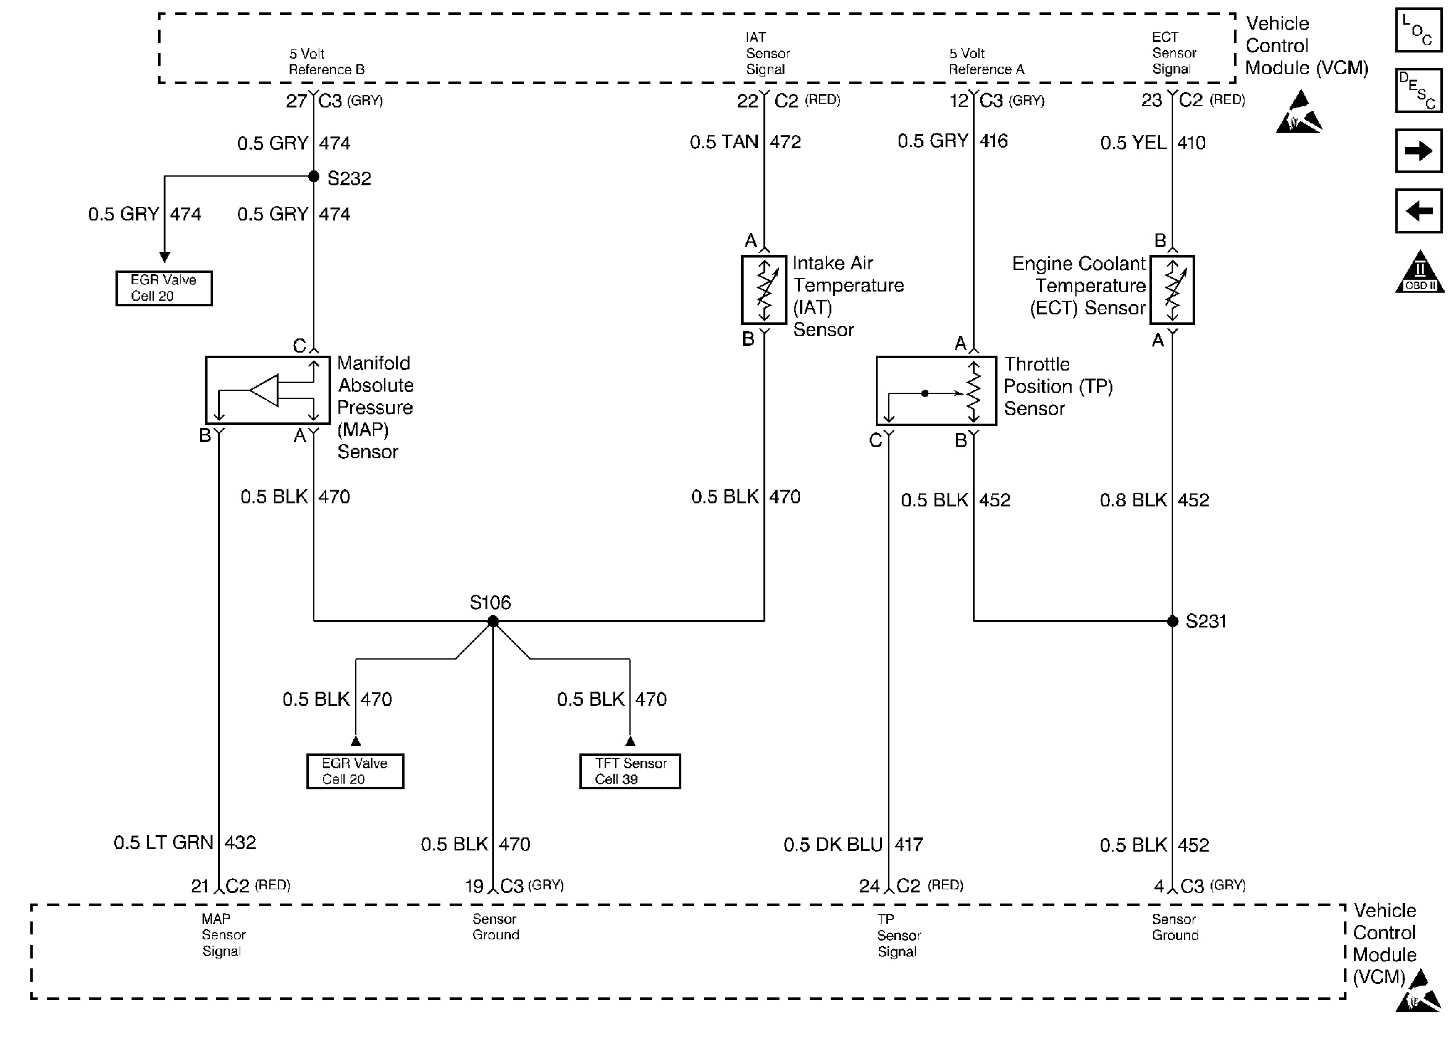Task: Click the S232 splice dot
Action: [x=314, y=176]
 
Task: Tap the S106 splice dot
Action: [x=493, y=621]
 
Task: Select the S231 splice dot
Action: [x=1172, y=621]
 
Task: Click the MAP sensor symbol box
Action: [x=267, y=390]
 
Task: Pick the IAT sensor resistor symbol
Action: [x=764, y=290]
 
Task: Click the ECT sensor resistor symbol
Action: [x=1172, y=290]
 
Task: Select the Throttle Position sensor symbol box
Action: [x=936, y=391]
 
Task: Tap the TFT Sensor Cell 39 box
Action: [x=630, y=771]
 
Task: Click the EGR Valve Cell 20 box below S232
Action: [x=164, y=288]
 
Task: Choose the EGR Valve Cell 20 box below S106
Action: [x=355, y=771]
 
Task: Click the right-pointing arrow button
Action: [x=1418, y=151]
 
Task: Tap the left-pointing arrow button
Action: [x=1418, y=211]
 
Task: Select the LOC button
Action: [x=1418, y=30]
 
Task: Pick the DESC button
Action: [x=1418, y=90]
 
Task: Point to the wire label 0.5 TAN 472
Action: [x=745, y=142]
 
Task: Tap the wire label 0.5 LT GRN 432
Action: [x=185, y=842]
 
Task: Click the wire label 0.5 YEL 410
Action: [x=1153, y=143]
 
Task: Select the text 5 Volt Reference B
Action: [x=327, y=61]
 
